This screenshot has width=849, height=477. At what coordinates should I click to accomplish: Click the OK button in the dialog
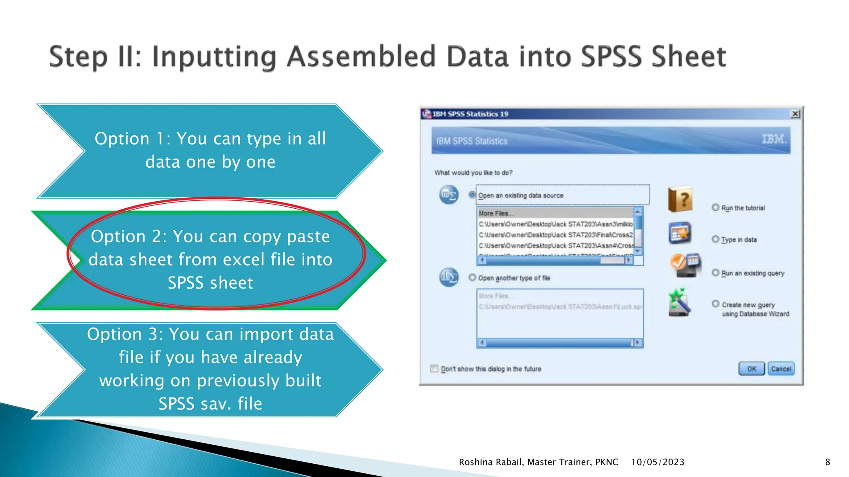tap(751, 369)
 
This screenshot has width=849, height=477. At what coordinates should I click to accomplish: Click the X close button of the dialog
tap(795, 114)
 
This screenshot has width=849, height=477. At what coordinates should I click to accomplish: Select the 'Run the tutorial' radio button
tap(716, 207)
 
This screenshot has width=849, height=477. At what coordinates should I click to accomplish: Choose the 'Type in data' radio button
tap(716, 239)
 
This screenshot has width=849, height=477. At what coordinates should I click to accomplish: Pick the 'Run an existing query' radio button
tap(716, 272)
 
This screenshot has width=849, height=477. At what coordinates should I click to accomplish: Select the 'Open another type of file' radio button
tap(472, 277)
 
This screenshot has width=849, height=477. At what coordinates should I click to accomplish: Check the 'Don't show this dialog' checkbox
tap(434, 369)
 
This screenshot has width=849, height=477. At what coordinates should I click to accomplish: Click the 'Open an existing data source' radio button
tap(472, 195)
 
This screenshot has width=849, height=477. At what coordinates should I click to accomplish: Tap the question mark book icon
tap(680, 199)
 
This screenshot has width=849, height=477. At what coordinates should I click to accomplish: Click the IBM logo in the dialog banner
tap(774, 140)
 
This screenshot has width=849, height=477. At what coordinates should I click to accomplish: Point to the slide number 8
tap(827, 462)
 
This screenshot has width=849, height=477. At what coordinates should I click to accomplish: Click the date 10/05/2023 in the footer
tap(657, 462)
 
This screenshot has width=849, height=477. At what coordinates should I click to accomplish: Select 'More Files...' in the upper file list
tap(496, 213)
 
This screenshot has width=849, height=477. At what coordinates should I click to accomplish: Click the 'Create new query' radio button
tap(716, 304)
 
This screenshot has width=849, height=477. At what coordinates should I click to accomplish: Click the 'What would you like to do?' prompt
tap(473, 173)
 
